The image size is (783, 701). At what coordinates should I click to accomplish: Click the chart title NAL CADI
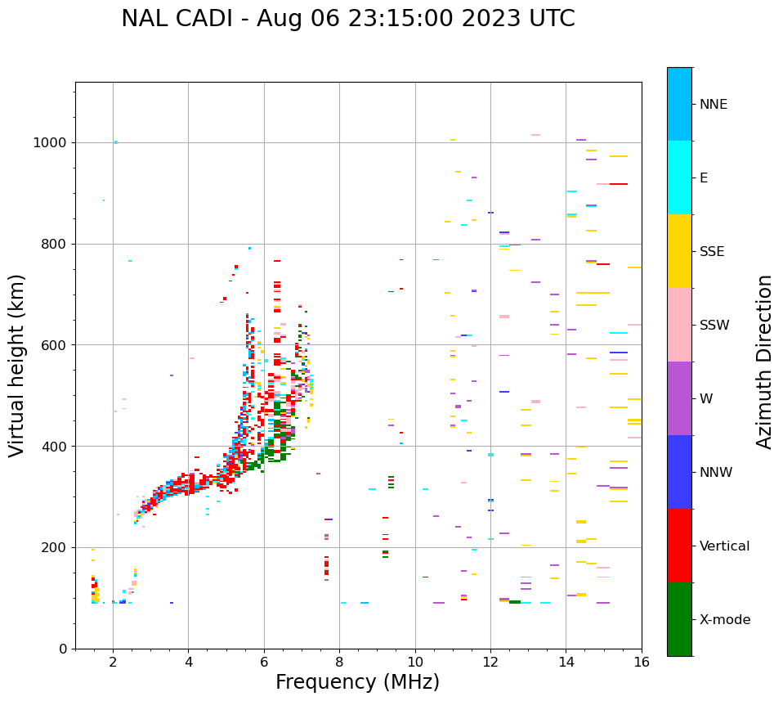tap(347, 19)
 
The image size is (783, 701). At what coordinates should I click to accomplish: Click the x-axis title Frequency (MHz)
tap(357, 682)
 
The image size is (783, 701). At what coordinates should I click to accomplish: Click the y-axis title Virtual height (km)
tap(17, 366)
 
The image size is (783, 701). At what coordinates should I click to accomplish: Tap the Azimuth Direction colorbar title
tap(764, 362)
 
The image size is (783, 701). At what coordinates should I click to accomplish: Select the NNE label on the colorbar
tap(713, 105)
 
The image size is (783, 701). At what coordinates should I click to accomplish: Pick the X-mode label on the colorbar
tap(725, 620)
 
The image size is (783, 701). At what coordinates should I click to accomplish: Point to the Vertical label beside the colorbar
tap(724, 546)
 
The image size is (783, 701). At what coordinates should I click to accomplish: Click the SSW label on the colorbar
tap(714, 326)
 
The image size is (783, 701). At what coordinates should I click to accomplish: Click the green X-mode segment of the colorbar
tap(679, 619)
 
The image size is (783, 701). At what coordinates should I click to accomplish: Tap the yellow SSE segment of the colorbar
tap(679, 251)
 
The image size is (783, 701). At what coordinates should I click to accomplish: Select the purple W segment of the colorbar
tap(679, 398)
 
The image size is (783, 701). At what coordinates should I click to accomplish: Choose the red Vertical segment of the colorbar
tap(679, 546)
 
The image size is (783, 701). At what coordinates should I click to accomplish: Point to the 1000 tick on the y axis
tap(50, 142)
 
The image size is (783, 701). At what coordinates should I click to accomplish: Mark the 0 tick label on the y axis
tap(63, 649)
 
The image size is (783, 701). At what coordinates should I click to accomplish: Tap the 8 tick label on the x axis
tap(339, 661)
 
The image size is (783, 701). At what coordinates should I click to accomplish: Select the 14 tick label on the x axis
tap(566, 661)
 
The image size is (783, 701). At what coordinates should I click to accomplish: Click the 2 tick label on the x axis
tap(113, 661)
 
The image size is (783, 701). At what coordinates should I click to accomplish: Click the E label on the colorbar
tap(704, 178)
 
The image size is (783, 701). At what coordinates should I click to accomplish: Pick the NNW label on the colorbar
tap(716, 473)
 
